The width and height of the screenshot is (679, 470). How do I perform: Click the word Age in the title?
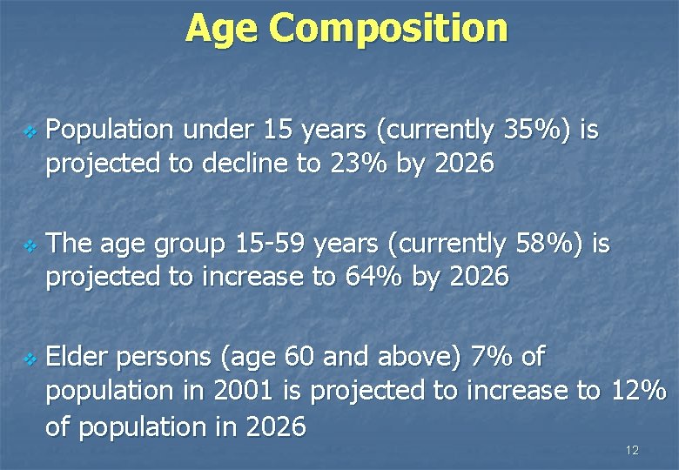[222, 28]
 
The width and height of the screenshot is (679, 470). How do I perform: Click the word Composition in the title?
[388, 28]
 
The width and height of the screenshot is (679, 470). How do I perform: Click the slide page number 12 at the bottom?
[632, 450]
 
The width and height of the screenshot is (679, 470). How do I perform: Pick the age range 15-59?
[270, 244]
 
